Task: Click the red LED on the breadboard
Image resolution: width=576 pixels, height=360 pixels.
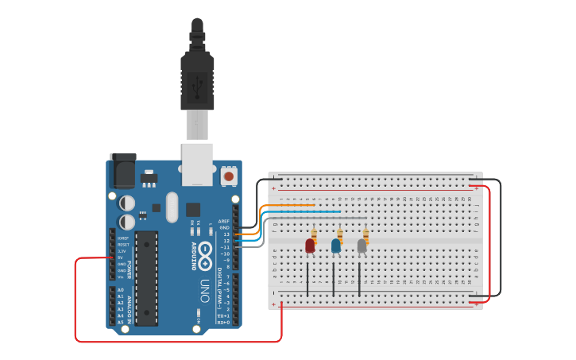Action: [310, 246]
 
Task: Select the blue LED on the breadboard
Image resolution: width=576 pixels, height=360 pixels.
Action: [336, 246]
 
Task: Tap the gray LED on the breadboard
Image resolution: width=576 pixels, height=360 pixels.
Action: [361, 246]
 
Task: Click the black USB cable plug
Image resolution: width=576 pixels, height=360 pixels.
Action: [197, 75]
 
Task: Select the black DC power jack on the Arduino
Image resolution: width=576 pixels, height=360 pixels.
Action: [122, 171]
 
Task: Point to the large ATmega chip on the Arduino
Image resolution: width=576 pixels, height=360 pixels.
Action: [146, 278]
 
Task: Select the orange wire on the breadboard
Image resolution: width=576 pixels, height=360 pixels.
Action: [290, 206]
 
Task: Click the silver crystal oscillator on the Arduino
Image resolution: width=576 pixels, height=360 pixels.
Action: [172, 207]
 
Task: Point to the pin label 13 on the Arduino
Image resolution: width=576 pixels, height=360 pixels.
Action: [226, 234]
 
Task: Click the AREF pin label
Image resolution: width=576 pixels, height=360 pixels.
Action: [224, 222]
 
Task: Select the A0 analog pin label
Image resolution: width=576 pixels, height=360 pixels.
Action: [120, 291]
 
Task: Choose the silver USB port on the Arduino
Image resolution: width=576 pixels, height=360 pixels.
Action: [197, 164]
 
